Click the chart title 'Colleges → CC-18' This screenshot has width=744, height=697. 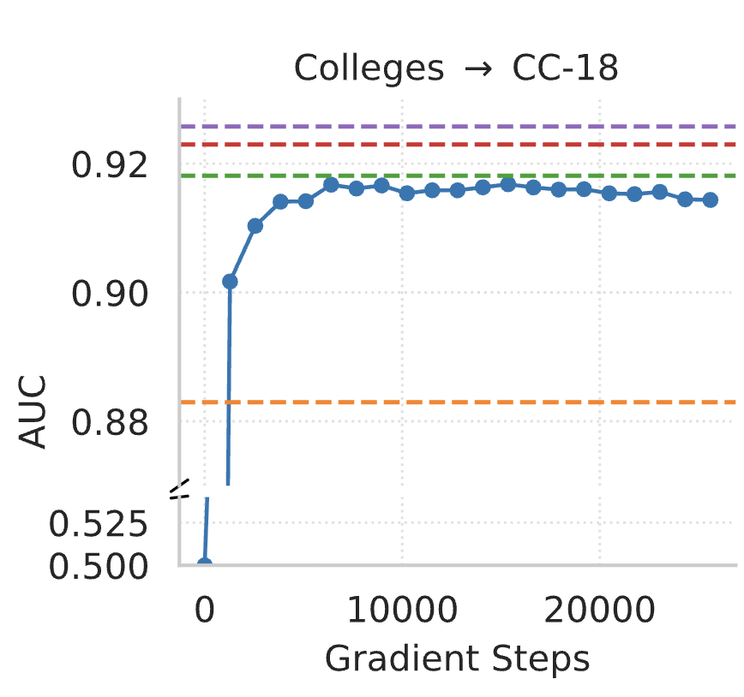tap(455, 69)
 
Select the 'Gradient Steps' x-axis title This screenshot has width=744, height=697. tap(457, 658)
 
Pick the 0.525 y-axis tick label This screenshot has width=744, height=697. tap(101, 522)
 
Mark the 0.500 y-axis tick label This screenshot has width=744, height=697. tap(101, 565)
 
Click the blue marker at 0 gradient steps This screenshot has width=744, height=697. tap(204, 564)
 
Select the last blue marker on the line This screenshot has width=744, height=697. tap(710, 200)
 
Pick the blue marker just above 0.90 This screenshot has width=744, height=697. tap(230, 281)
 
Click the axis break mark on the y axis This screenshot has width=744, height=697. tap(179, 491)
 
